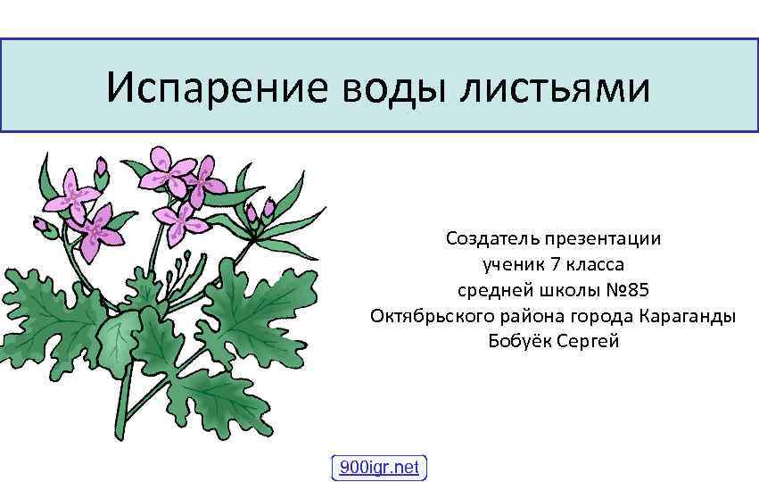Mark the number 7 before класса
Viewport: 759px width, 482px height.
click(x=557, y=265)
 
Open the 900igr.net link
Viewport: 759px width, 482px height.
click(x=379, y=467)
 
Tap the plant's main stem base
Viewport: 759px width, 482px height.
click(x=120, y=428)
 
